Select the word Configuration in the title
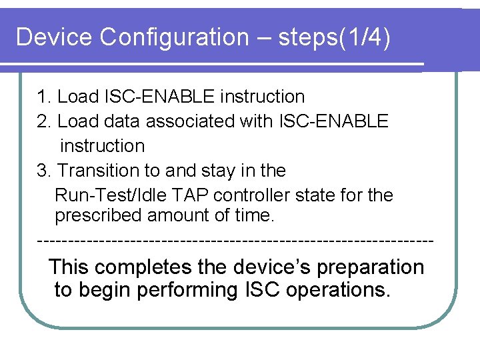174,37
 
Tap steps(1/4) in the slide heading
335,37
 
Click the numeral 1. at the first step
45,97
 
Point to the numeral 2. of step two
45,121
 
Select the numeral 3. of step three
45,171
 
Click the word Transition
99,171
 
